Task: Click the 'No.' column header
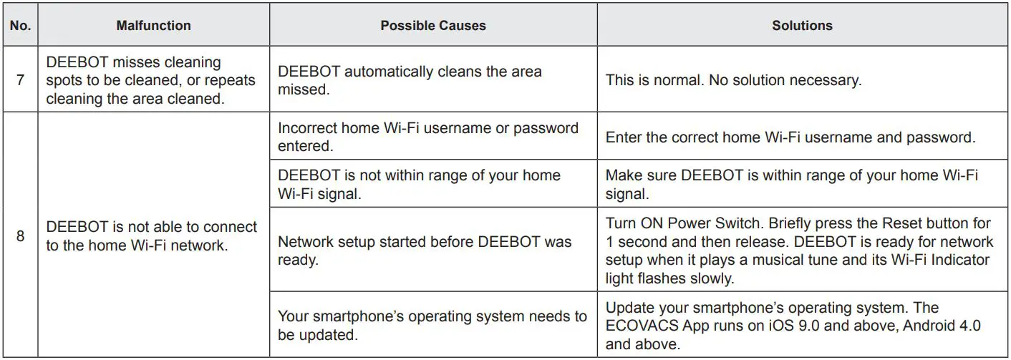pyautogui.click(x=20, y=26)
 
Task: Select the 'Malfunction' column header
pyautogui.click(x=153, y=26)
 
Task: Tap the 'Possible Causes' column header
pyautogui.click(x=432, y=26)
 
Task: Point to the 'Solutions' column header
pyautogui.click(x=802, y=26)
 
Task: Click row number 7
pyautogui.click(x=20, y=80)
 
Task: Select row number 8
pyautogui.click(x=20, y=235)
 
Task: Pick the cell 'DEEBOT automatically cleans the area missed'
pyautogui.click(x=410, y=80)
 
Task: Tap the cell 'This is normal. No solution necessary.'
pyautogui.click(x=733, y=80)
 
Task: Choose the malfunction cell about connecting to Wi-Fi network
pyautogui.click(x=151, y=235)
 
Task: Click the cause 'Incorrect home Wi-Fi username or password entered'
pyautogui.click(x=427, y=137)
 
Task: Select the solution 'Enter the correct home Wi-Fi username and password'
pyautogui.click(x=790, y=137)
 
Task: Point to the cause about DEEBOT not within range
pyautogui.click(x=419, y=184)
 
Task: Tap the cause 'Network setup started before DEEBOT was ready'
pyautogui.click(x=425, y=250)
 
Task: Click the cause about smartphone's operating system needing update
pyautogui.click(x=432, y=325)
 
